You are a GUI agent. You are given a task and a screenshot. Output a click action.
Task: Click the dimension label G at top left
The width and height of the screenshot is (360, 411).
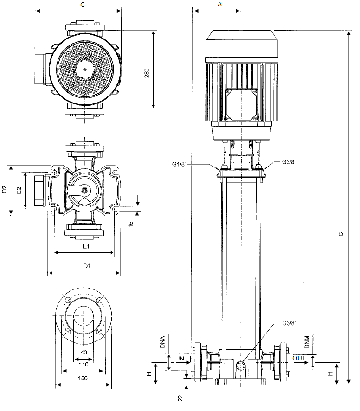(x=83, y=5)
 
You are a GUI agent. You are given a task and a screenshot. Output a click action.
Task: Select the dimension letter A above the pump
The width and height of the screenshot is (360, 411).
(x=220, y=5)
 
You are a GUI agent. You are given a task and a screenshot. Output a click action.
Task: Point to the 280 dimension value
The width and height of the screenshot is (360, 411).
(x=147, y=73)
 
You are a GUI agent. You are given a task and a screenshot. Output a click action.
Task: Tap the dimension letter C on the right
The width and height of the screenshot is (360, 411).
(x=341, y=234)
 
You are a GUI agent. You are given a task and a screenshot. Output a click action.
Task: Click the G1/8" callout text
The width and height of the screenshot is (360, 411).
(x=179, y=164)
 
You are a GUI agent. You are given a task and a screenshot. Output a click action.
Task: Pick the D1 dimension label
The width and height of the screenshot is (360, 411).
(x=87, y=266)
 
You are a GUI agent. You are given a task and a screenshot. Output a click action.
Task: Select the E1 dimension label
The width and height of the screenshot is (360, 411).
(x=86, y=246)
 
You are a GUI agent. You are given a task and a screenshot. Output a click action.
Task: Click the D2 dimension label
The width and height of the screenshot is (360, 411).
(x=5, y=190)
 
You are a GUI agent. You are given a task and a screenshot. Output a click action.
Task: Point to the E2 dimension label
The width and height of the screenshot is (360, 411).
(x=19, y=191)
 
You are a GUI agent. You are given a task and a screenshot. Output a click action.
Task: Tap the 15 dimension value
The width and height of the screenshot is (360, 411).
(x=130, y=224)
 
